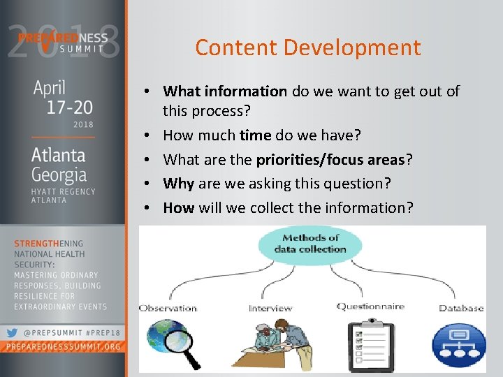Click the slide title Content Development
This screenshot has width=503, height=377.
coord(308,47)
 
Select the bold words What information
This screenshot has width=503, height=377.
coord(224,91)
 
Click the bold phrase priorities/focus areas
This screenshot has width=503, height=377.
coord(330,159)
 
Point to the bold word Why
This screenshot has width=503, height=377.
coord(179,184)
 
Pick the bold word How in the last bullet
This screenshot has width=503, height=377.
coord(179,207)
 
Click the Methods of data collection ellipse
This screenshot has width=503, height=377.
coord(309,244)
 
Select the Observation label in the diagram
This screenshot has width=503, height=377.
coord(168,308)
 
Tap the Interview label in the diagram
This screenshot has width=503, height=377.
coord(270,308)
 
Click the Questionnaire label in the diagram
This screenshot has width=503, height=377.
coord(370,306)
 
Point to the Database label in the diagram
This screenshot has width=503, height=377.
coord(461,308)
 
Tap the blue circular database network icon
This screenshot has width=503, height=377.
coord(459,345)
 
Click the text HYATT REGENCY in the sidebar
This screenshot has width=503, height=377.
coord(62,191)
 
